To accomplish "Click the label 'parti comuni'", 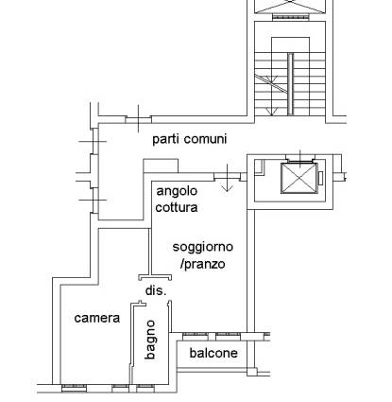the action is tap(190, 139).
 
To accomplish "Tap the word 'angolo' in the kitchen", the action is tap(177, 191).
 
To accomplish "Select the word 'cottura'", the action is tap(177, 207).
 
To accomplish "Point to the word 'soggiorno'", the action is tap(203, 247).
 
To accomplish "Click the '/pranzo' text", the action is tap(203, 264).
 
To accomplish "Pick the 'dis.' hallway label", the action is tap(156, 290).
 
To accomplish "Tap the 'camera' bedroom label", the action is tap(97, 318).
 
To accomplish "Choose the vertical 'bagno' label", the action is tap(150, 340).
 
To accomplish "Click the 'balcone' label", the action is tap(213, 353).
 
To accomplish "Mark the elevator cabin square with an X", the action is tap(298, 178).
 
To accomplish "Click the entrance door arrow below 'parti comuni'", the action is tap(227, 178).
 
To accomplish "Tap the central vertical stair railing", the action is tap(290, 84).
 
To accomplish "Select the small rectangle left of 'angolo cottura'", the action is tap(161, 166).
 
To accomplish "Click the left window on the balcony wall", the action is tap(196, 337).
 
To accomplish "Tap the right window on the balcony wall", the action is tap(228, 337).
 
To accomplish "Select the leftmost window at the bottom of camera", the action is tap(74, 388).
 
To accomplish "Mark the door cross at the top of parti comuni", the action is tap(139, 119).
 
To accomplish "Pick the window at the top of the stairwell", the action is tap(290, 17).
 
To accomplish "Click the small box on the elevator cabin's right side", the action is tap(320, 178).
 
